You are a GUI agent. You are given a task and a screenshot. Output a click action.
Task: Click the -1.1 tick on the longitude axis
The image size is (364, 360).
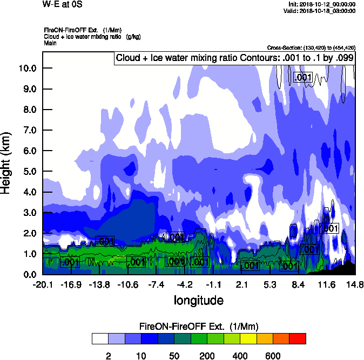(x=213, y=284)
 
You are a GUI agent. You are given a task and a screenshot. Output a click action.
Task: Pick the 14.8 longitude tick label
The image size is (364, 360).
(x=355, y=284)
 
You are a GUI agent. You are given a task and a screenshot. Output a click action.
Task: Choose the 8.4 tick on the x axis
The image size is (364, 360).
(x=298, y=284)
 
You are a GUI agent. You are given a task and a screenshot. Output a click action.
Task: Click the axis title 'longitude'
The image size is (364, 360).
(x=198, y=300)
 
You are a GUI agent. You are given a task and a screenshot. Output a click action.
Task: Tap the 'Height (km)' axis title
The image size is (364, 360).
(x=7, y=163)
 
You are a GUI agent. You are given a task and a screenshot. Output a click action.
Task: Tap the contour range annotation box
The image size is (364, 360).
(x=234, y=58)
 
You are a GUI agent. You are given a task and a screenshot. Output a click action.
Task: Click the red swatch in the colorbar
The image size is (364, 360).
(x=298, y=339)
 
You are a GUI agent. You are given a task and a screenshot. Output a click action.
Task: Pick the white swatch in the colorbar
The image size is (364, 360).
(x=100, y=339)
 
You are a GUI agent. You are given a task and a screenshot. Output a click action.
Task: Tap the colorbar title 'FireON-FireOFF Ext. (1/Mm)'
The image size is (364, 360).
(x=199, y=327)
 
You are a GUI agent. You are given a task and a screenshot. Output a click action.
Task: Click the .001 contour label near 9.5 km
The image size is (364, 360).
(x=303, y=78)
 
